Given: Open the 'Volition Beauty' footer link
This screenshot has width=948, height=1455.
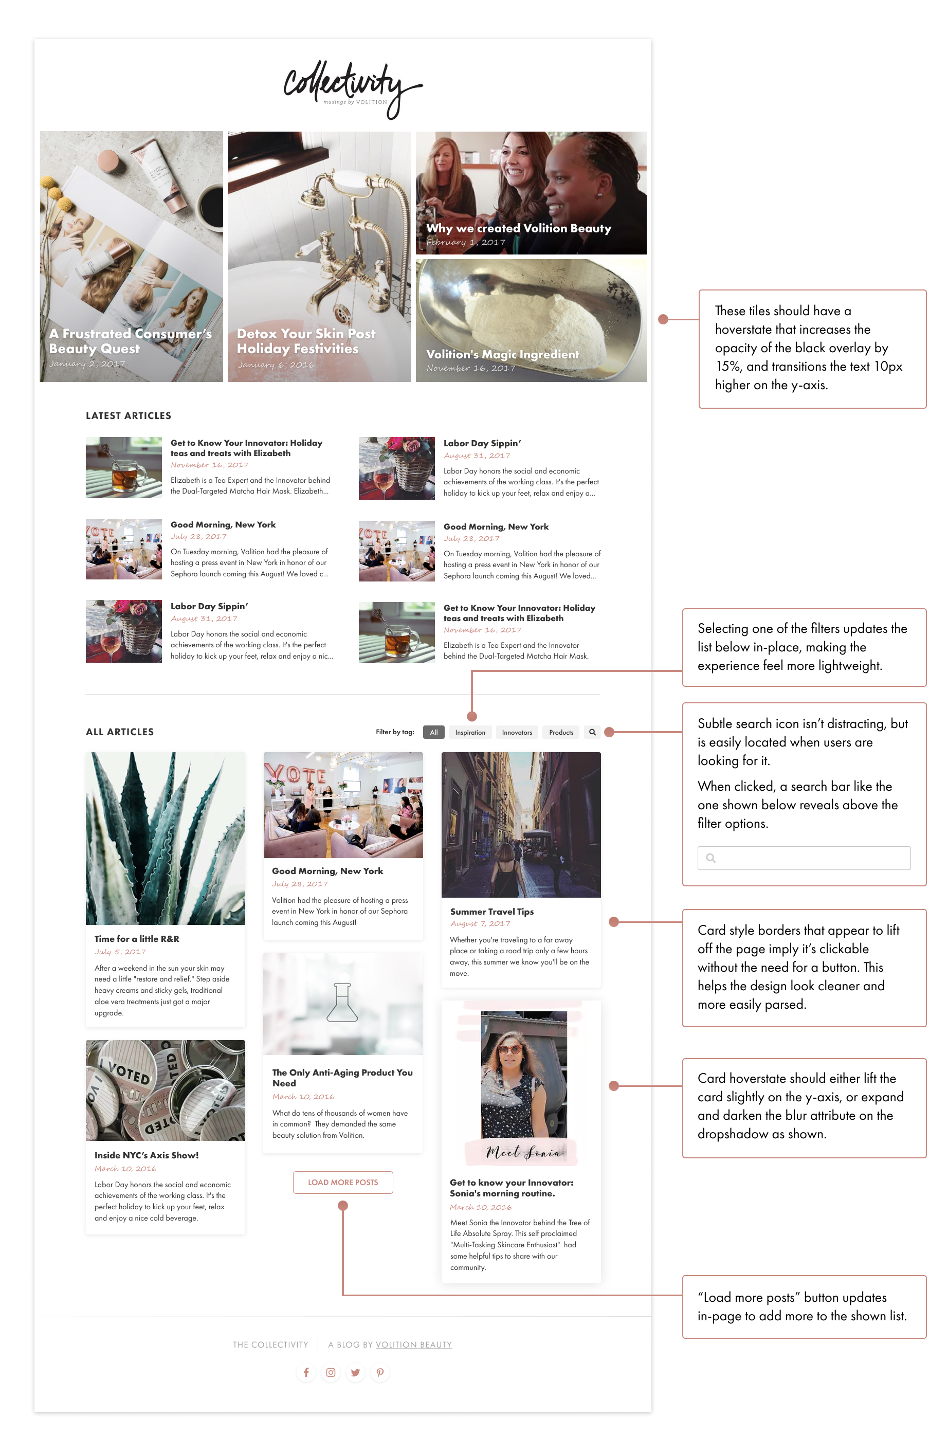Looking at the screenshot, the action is (x=413, y=1344).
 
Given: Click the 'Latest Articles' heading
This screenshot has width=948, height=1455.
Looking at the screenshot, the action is (x=129, y=416).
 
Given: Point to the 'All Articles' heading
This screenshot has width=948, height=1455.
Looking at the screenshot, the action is (x=120, y=732).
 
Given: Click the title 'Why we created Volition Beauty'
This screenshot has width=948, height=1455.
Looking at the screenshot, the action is (x=518, y=228).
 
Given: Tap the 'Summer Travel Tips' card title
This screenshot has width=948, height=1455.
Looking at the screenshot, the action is (x=492, y=912).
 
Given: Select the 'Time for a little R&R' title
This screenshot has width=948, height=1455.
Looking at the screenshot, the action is (x=137, y=938).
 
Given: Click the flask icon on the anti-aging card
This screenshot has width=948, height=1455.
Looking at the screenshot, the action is (x=342, y=1002).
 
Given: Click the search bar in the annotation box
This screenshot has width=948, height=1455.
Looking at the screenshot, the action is (x=804, y=858).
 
